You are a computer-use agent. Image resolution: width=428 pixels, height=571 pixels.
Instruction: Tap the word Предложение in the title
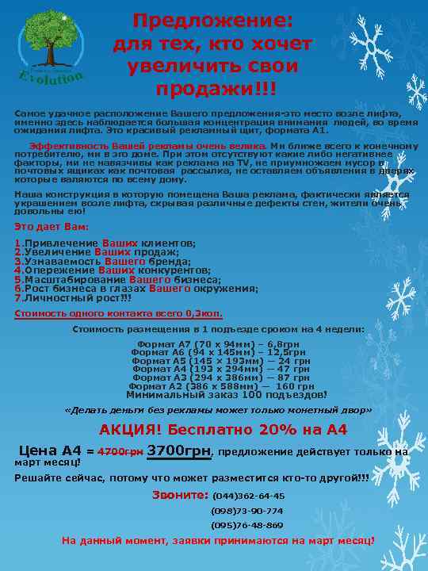click(212, 19)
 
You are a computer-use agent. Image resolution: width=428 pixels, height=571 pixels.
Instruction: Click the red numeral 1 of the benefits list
click(17, 243)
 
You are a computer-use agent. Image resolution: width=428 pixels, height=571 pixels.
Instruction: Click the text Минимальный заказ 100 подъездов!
click(226, 395)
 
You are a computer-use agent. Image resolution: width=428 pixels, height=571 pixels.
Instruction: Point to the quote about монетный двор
click(217, 411)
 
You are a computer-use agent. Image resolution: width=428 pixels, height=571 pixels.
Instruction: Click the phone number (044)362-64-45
click(248, 496)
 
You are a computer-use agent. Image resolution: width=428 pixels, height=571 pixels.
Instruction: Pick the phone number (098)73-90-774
click(246, 511)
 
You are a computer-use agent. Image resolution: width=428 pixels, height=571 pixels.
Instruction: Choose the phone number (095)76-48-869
click(246, 525)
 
